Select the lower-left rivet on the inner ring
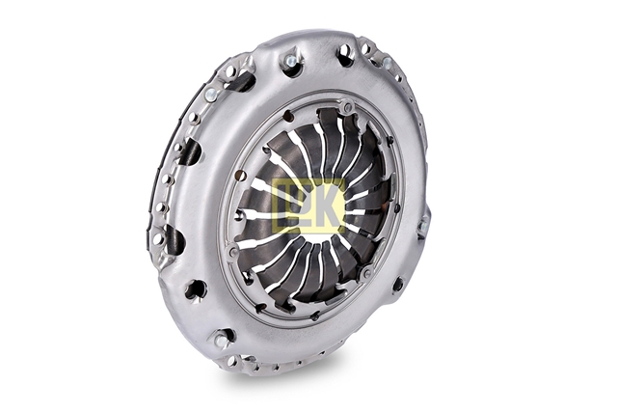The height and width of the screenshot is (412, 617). tap(233, 251)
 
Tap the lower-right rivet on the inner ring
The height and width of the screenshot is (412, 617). tap(367, 272)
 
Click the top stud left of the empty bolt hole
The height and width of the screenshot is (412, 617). tap(291, 61)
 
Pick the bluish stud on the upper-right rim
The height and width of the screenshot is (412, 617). tap(388, 63)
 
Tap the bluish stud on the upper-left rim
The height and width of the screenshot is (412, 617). tap(210, 94)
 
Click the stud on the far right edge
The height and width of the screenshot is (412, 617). tap(424, 226)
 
